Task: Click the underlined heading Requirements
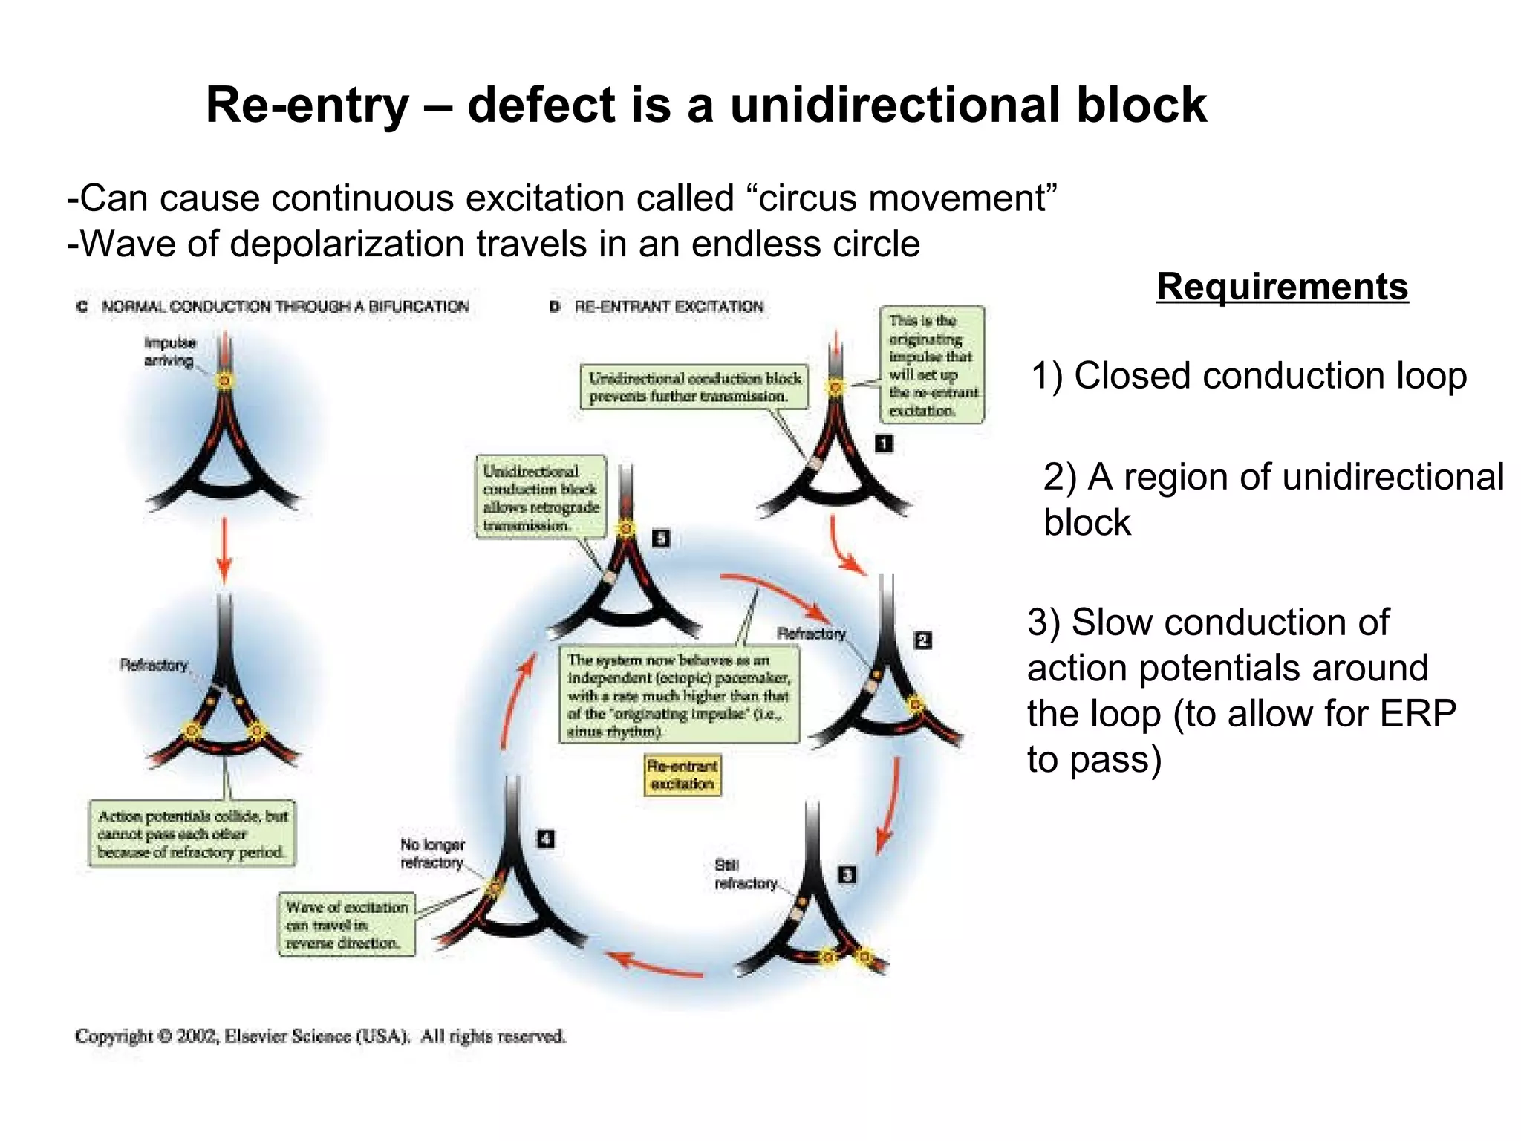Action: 1282,287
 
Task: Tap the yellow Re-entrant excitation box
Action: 683,775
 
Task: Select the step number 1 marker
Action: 883,443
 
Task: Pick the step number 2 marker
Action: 922,640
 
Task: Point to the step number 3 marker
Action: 847,874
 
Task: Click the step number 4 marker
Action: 546,839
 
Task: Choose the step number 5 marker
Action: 660,538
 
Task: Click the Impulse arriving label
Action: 170,351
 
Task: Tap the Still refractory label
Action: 745,874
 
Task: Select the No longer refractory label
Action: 432,854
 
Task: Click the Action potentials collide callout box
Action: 192,833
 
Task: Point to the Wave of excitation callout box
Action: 347,925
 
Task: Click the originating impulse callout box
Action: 933,365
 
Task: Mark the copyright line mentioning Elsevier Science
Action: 320,1036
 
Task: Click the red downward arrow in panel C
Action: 224,550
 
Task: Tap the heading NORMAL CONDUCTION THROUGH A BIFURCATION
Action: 285,307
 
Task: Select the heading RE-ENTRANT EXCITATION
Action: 668,307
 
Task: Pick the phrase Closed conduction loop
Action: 1270,375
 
